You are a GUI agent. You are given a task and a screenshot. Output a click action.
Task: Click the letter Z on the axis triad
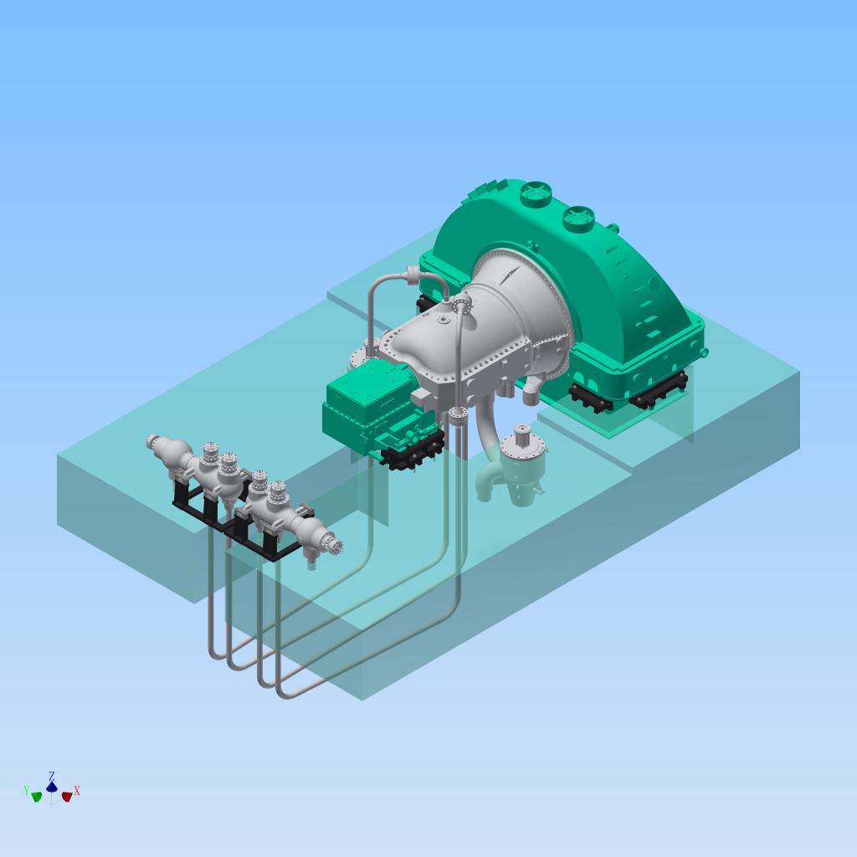(x=51, y=776)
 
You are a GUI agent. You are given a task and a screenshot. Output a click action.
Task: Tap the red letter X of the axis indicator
(x=77, y=791)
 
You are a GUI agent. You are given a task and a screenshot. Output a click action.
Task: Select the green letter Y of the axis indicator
(x=26, y=790)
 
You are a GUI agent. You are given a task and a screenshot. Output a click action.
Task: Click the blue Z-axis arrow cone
(x=51, y=787)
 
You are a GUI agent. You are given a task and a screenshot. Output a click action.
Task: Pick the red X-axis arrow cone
(x=67, y=797)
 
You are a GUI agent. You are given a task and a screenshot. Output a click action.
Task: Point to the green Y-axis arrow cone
(x=37, y=797)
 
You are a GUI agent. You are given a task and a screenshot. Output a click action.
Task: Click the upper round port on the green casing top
(x=536, y=193)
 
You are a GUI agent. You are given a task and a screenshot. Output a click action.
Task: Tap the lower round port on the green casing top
(x=578, y=218)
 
